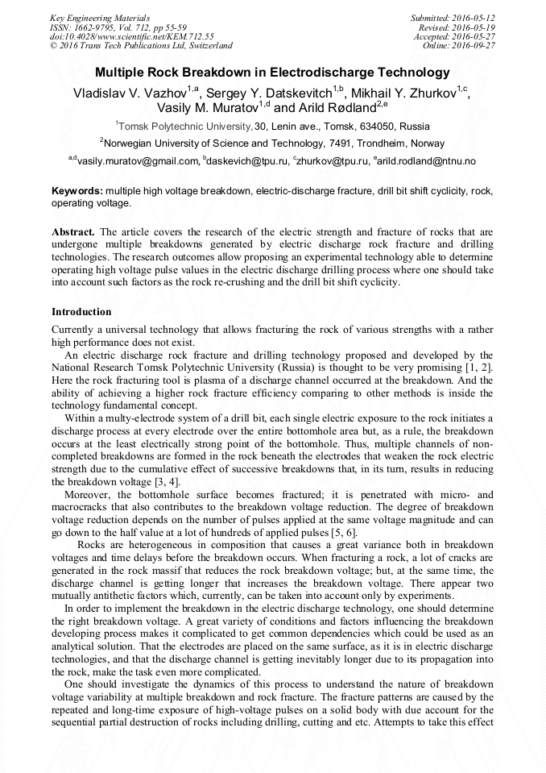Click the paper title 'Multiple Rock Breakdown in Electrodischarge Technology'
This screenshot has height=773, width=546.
272,73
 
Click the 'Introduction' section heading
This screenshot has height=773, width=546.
81,311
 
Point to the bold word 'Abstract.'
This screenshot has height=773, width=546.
74,231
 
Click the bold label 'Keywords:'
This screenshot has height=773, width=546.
77,192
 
